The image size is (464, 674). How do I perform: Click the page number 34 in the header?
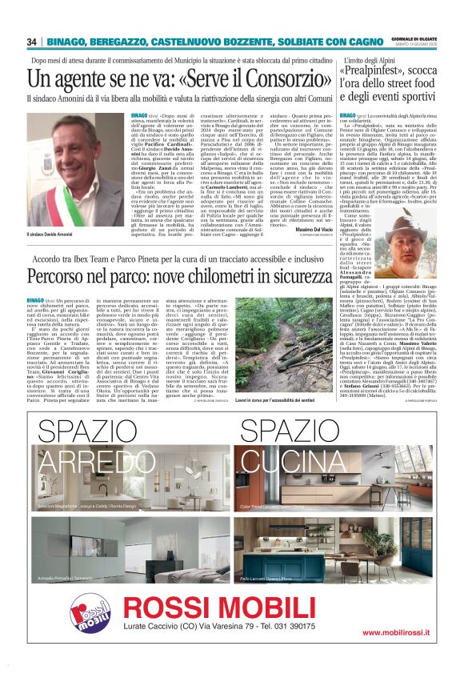click(32, 42)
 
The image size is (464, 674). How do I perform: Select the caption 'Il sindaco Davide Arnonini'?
click(54, 234)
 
